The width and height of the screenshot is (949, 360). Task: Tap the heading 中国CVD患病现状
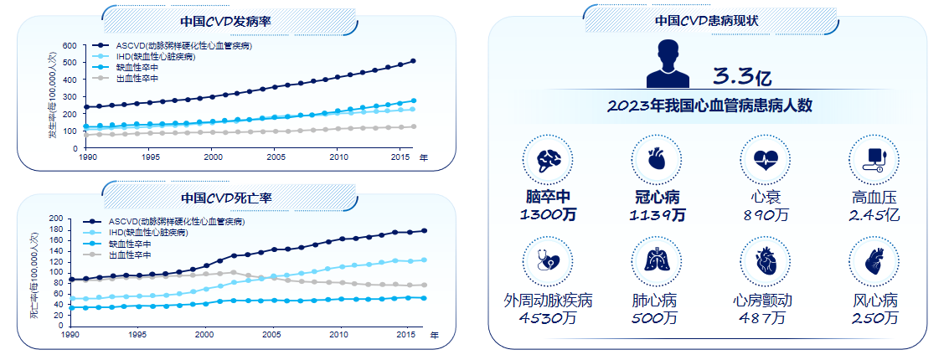point(707,21)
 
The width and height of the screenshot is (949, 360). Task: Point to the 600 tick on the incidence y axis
point(69,46)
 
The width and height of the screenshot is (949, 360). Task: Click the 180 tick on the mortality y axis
point(57,229)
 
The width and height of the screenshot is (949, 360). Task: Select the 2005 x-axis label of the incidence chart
point(276,157)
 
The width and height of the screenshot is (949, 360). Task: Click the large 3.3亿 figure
point(741,77)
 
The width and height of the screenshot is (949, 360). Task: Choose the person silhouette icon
point(668,64)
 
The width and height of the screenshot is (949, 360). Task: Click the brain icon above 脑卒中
point(547,159)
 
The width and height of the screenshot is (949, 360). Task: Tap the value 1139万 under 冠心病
point(657,215)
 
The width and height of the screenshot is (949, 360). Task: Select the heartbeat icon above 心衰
point(766,159)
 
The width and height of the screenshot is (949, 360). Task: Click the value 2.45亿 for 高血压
point(874,215)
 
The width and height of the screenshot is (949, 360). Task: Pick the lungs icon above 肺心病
point(657,261)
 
